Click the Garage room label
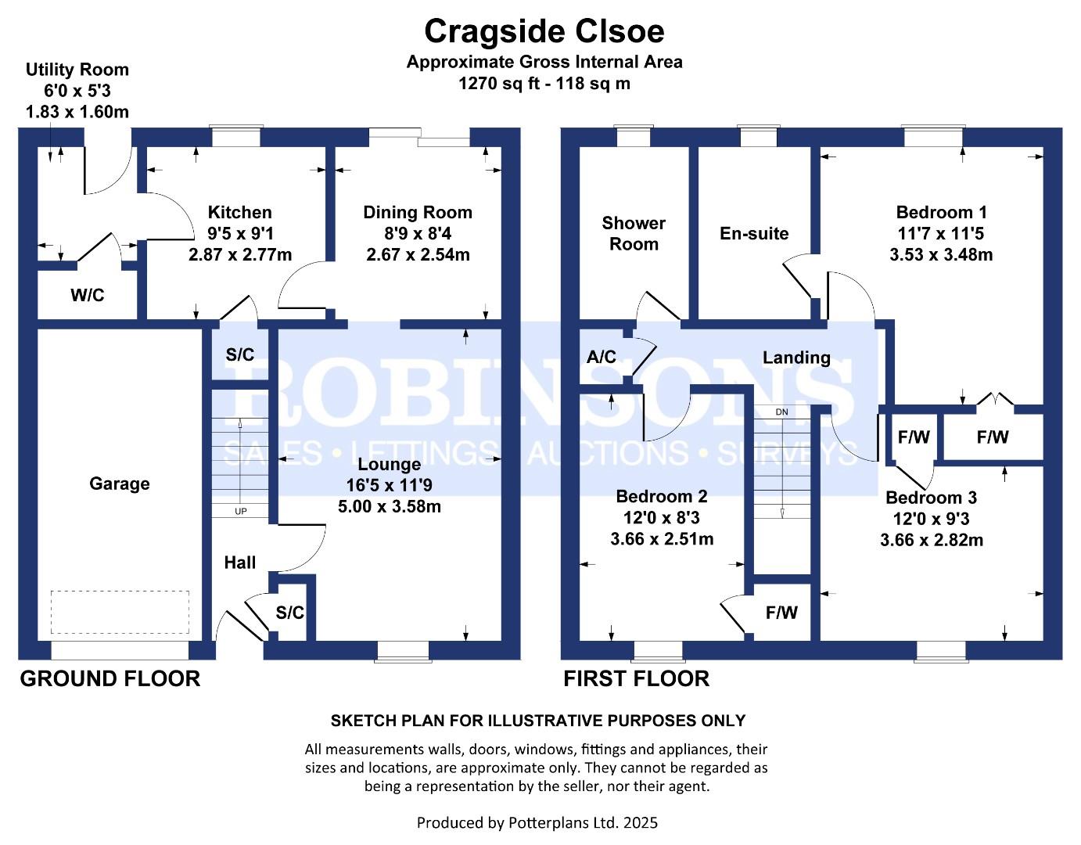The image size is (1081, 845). pyautogui.click(x=119, y=484)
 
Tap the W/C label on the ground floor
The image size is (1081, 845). pyautogui.click(x=87, y=295)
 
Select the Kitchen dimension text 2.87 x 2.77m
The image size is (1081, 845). pyautogui.click(x=240, y=254)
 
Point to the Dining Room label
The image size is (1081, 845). pyautogui.click(x=418, y=212)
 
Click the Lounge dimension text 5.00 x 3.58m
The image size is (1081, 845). pyautogui.click(x=389, y=506)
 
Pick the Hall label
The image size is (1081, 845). pyautogui.click(x=239, y=562)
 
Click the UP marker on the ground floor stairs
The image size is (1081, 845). pyautogui.click(x=240, y=511)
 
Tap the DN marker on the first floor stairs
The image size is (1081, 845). pyautogui.click(x=781, y=412)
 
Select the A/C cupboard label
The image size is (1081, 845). pyautogui.click(x=601, y=357)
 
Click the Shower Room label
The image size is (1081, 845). pyautogui.click(x=634, y=233)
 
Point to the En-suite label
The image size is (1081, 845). pyautogui.click(x=754, y=233)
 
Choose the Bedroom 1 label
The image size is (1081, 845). pyautogui.click(x=941, y=212)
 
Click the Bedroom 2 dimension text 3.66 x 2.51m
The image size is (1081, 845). pyautogui.click(x=662, y=538)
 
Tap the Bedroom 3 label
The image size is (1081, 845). pyautogui.click(x=931, y=498)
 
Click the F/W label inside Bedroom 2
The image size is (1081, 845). pyautogui.click(x=781, y=613)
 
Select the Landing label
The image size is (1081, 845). pyautogui.click(x=796, y=358)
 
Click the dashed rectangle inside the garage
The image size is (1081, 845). pyautogui.click(x=120, y=612)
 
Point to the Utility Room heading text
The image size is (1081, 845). pyautogui.click(x=77, y=70)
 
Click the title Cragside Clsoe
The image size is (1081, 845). pyautogui.click(x=544, y=31)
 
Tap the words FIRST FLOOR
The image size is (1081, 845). pyautogui.click(x=636, y=678)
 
